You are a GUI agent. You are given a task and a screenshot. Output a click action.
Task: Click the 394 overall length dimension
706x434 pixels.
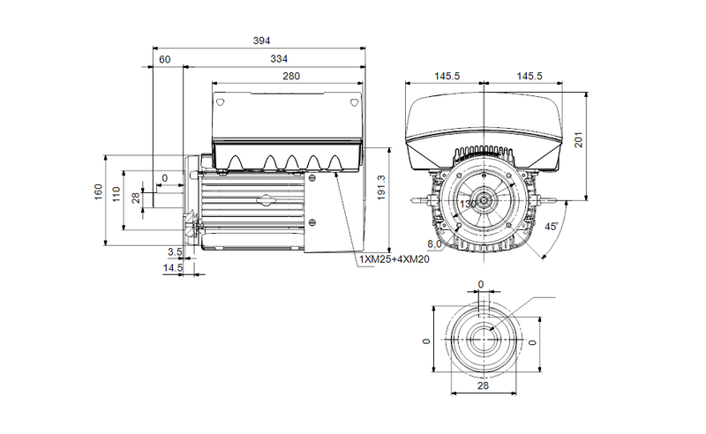click(261, 41)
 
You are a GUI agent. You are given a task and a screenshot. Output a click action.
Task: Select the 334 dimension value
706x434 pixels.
click(278, 59)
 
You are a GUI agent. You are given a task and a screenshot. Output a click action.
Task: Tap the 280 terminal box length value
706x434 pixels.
click(291, 77)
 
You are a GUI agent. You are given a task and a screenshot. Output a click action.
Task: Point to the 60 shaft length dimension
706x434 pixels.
click(164, 59)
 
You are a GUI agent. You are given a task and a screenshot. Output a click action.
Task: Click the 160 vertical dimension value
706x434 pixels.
click(100, 191)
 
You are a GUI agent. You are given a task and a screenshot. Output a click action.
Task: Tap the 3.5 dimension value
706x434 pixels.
click(175, 251)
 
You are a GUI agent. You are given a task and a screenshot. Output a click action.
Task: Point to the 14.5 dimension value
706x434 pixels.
click(172, 267)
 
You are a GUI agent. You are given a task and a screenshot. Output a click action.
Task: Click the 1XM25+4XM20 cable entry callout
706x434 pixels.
click(394, 260)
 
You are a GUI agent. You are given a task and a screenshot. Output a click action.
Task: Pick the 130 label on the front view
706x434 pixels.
click(467, 204)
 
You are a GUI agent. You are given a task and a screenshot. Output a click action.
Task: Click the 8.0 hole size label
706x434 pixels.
click(434, 244)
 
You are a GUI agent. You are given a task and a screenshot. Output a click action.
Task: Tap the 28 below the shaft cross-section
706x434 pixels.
click(483, 385)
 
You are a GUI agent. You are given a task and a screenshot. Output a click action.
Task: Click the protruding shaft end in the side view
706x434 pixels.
click(167, 196)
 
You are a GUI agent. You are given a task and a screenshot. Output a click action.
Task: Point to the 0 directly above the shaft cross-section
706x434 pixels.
click(481, 284)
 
